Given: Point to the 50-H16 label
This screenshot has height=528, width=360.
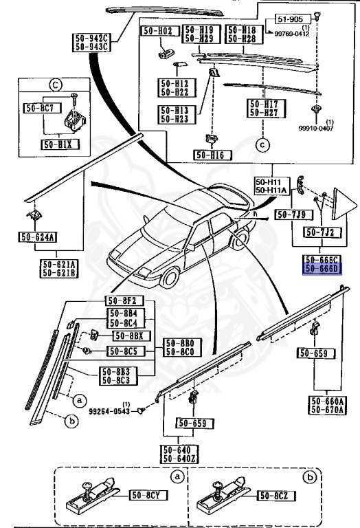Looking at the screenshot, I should click(211, 155).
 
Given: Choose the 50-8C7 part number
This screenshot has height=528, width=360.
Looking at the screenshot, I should click(41, 108).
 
